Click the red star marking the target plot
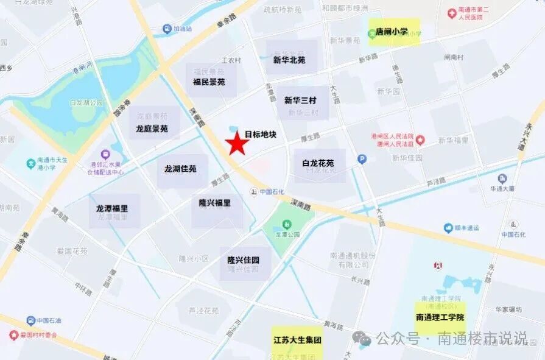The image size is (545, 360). [x=237, y=144]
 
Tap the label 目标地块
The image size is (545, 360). [x=261, y=134]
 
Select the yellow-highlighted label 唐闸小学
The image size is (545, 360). [x=392, y=32]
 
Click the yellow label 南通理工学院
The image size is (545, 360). [x=440, y=317]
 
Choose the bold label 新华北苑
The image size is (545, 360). [x=289, y=60]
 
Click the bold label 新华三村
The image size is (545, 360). [x=300, y=101]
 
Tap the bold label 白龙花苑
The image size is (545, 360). [x=318, y=163]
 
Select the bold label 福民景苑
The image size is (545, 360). [x=209, y=81]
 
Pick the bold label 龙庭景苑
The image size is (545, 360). [x=152, y=129]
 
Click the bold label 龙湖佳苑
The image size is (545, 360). [x=180, y=168]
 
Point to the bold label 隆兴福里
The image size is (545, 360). [x=215, y=202]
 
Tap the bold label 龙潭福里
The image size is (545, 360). [x=112, y=208]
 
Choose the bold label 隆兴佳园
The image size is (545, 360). [x=244, y=260]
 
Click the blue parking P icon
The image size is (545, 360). [x=362, y=160]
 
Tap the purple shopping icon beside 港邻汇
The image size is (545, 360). [x=107, y=155]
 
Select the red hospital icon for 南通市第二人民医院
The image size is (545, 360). [x=452, y=12]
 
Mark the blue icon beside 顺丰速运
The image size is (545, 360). [x=448, y=227]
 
